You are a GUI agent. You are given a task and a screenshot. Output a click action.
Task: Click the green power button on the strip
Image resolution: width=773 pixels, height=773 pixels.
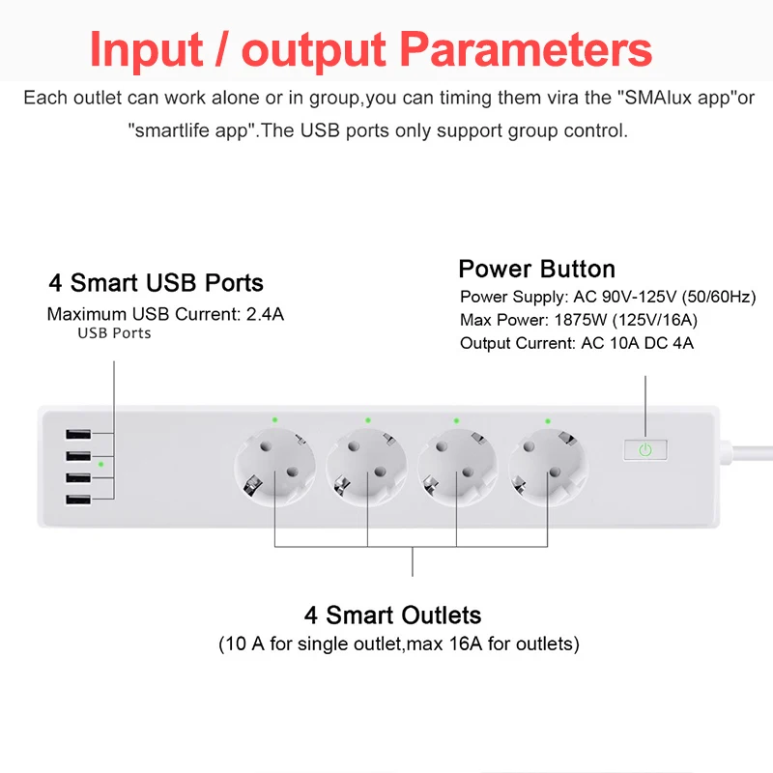click(645, 449)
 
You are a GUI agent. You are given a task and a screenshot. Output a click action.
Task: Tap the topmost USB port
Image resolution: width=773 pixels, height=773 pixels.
click(78, 434)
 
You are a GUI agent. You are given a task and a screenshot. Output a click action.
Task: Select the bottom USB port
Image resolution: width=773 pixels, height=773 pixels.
click(78, 500)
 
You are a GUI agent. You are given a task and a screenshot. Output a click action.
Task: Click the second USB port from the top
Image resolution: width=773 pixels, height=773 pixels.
click(78, 456)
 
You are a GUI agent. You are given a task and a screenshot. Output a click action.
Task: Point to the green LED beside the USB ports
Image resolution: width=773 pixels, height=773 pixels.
click(100, 465)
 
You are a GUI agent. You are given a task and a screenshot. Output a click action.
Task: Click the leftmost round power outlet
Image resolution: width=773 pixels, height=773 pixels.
click(274, 467)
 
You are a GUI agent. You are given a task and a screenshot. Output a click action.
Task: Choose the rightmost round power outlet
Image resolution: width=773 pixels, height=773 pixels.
click(548, 467)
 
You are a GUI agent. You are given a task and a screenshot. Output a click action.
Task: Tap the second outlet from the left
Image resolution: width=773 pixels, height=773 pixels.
click(367, 467)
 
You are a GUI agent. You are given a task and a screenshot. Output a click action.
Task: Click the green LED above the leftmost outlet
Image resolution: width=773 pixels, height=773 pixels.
click(274, 420)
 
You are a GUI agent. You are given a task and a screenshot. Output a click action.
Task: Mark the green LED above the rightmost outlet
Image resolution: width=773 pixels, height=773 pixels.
click(548, 421)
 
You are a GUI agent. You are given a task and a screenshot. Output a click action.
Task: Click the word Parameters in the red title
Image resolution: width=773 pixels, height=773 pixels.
click(526, 49)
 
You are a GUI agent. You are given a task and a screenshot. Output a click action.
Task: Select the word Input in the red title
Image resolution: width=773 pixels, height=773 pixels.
click(146, 50)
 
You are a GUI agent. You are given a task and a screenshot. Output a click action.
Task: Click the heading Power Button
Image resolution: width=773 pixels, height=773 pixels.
click(537, 270)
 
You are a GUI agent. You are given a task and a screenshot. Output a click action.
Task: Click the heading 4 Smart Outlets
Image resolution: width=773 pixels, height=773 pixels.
click(392, 616)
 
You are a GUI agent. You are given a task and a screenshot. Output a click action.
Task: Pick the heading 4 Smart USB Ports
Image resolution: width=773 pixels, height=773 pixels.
click(156, 283)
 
